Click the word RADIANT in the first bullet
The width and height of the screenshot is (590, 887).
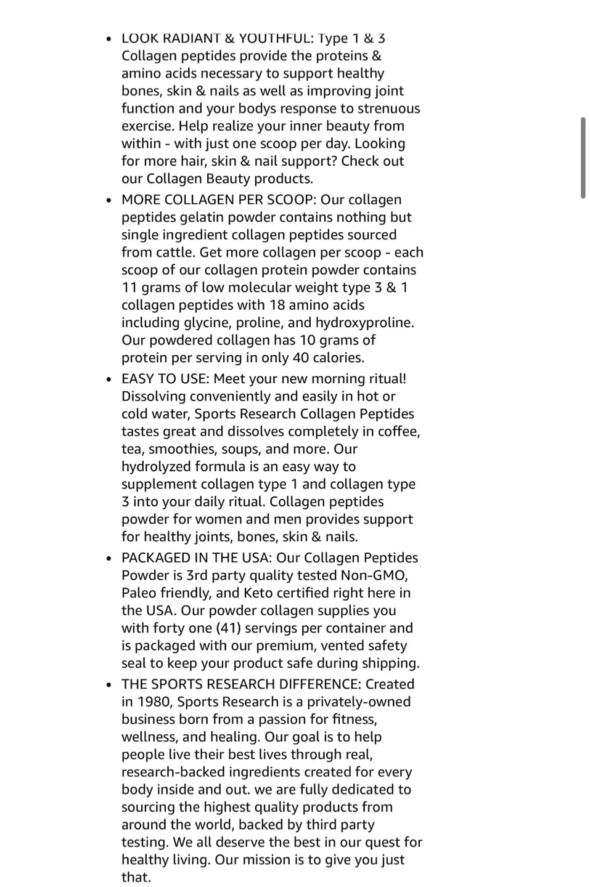(191, 38)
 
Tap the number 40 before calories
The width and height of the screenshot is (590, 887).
(301, 358)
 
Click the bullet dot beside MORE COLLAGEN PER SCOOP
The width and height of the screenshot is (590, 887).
(109, 200)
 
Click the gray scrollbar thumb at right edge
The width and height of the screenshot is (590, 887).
(583, 158)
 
